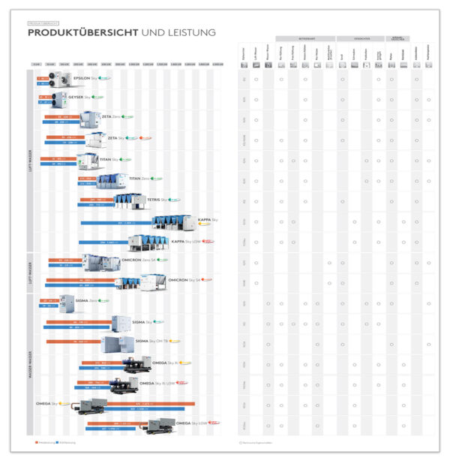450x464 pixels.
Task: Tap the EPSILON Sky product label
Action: pos(86,78)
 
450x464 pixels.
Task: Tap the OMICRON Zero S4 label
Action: pos(139,260)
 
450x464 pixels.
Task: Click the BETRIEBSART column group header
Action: pos(304,38)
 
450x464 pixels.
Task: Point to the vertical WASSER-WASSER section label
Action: pos(30,364)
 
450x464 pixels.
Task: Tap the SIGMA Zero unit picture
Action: pos(67,303)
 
